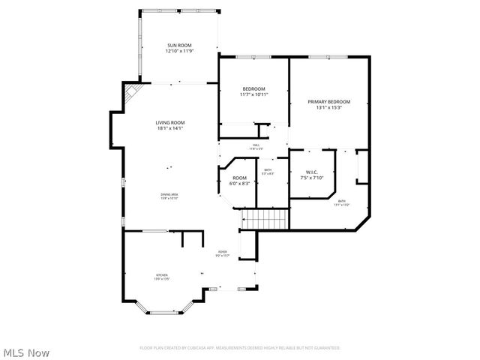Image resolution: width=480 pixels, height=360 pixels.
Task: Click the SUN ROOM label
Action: point(180,46)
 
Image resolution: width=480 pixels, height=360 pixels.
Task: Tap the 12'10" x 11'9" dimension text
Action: point(180,52)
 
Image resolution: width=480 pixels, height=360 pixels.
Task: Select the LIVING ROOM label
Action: point(170,122)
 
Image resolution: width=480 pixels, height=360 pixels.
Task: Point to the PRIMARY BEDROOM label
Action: point(329,101)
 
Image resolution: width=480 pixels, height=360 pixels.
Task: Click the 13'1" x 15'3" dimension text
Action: point(329,107)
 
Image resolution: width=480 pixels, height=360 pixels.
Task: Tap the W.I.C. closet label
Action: point(310,172)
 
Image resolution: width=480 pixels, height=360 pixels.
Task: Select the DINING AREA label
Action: point(169,195)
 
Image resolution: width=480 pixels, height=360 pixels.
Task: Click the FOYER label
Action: point(223,252)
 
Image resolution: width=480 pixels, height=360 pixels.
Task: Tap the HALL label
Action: point(256,145)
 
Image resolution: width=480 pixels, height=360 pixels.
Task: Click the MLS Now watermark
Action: point(26,352)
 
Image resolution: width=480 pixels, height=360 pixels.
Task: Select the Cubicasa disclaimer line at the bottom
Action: point(240,348)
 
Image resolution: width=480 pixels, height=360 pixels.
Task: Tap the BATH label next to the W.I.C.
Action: point(341,201)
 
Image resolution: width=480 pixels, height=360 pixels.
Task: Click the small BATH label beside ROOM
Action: point(268,170)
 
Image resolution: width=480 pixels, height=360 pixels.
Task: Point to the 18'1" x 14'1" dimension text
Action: point(170,128)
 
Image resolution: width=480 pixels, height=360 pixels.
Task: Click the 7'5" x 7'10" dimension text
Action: point(310,178)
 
